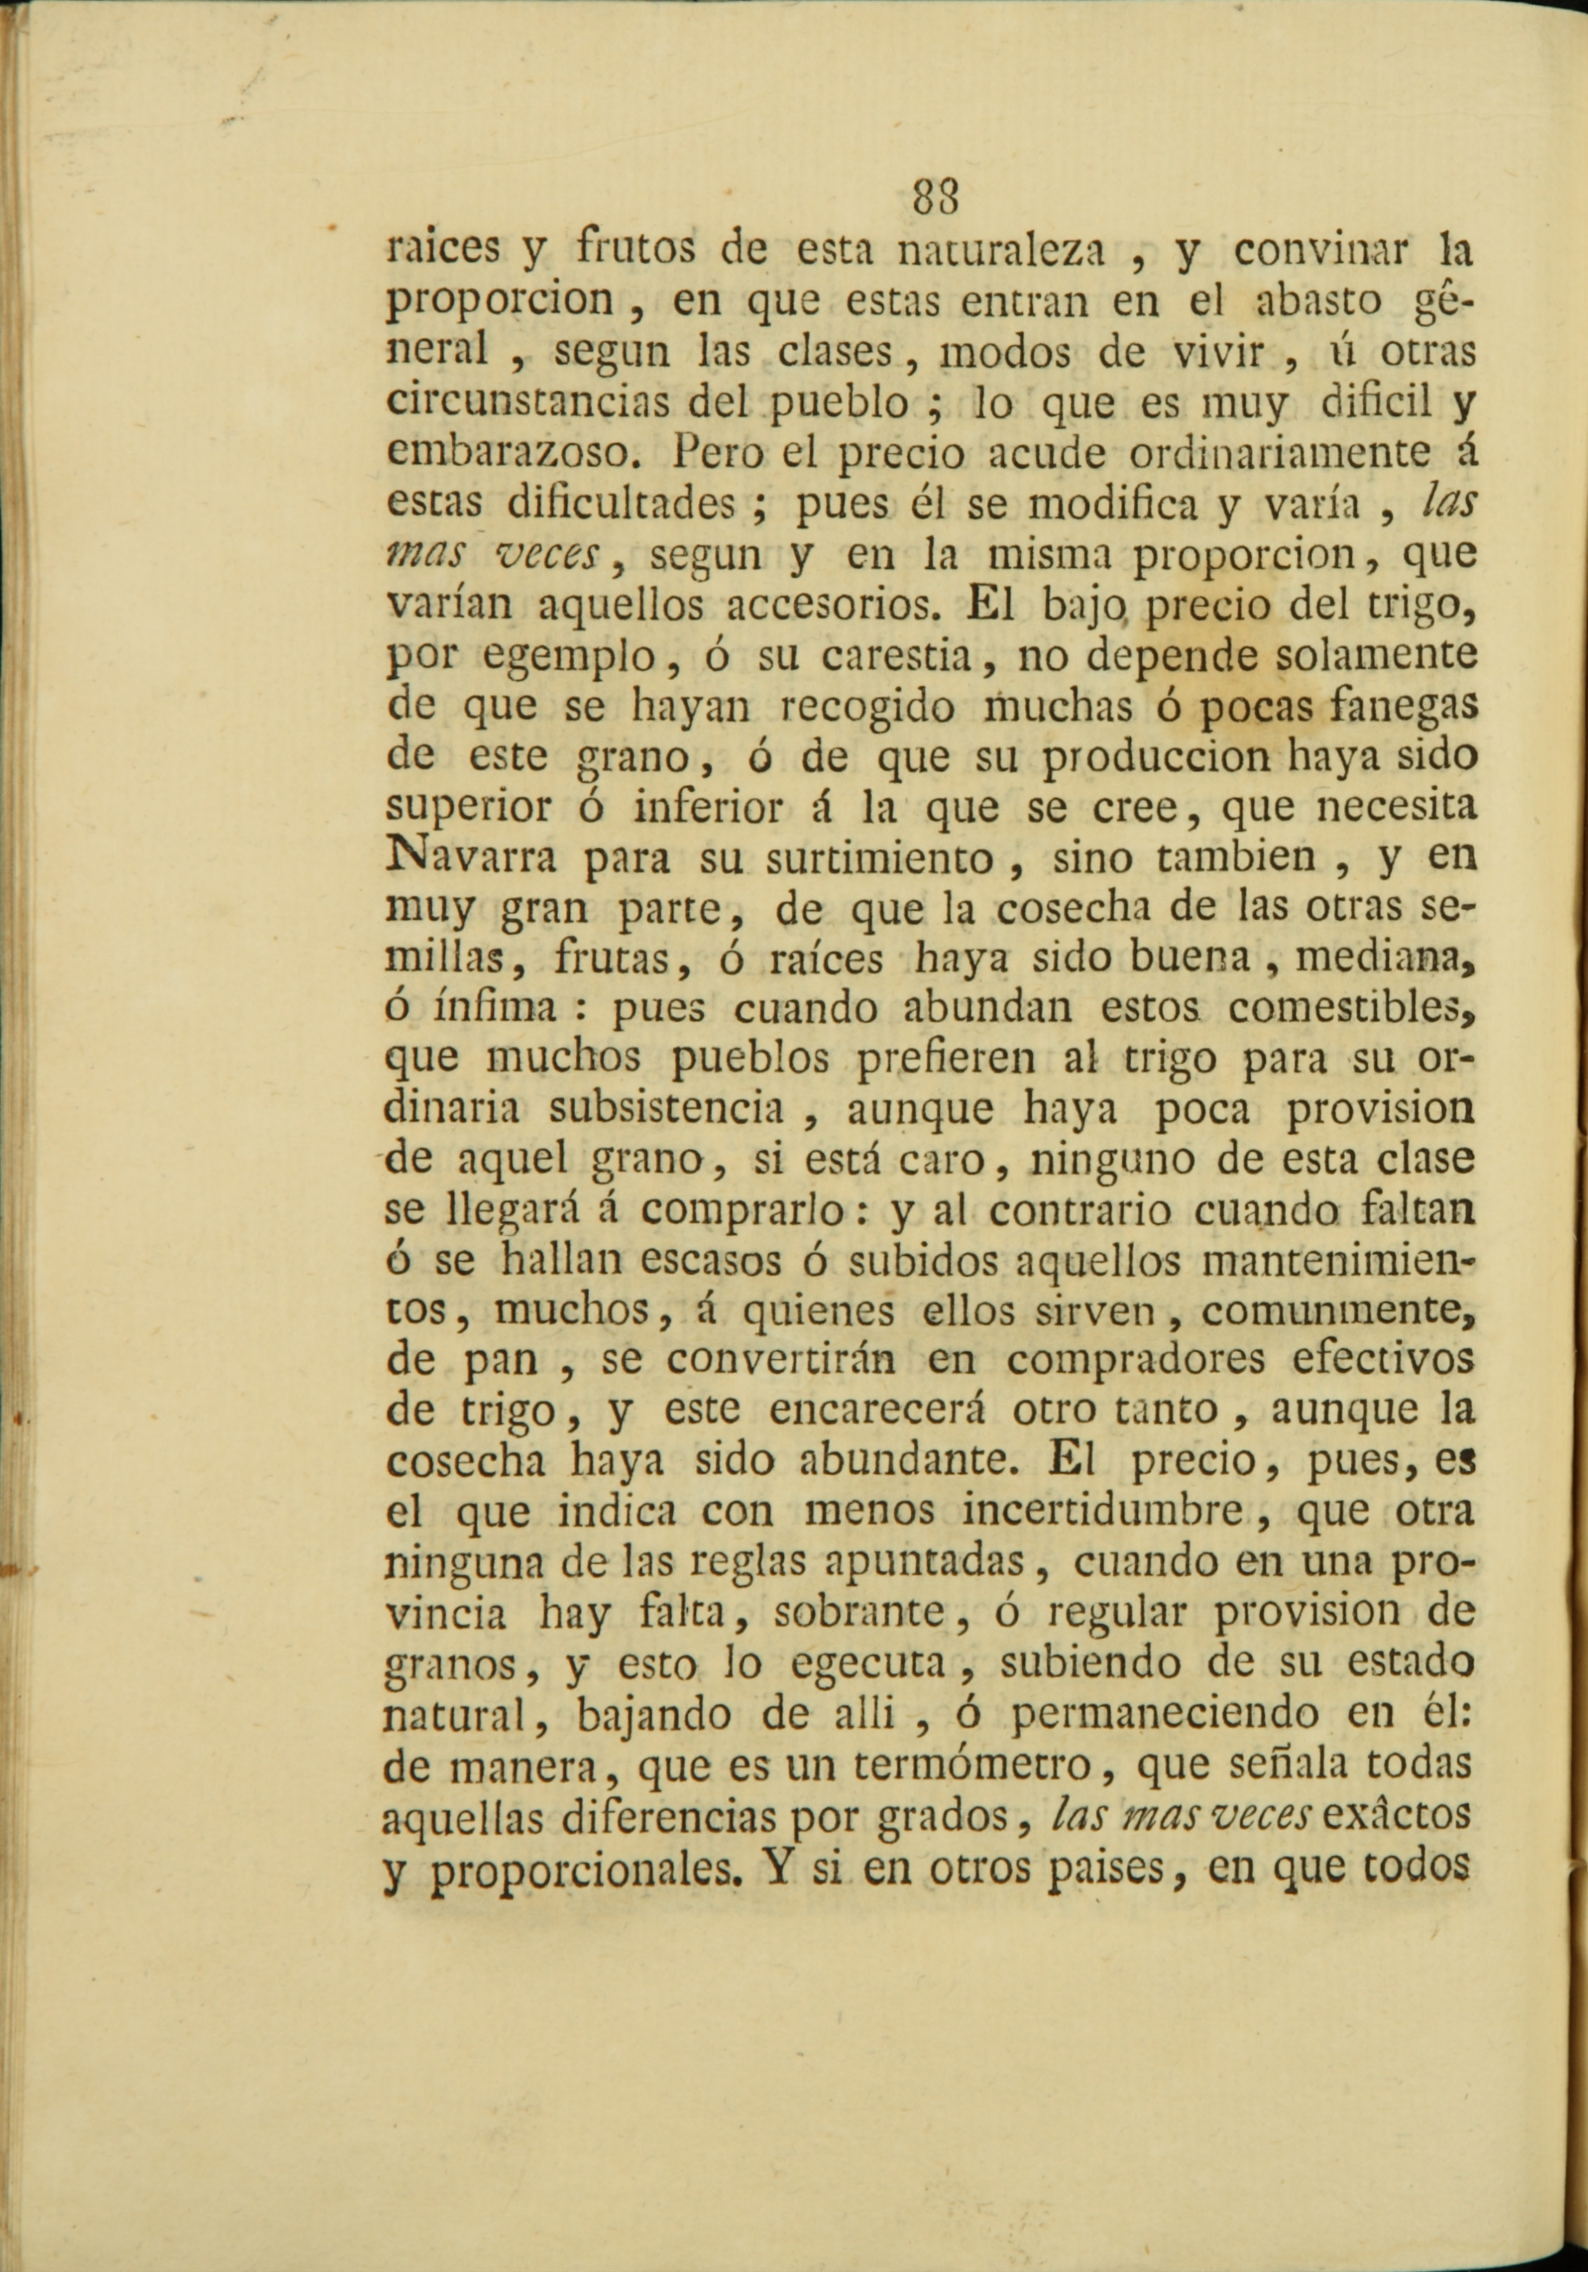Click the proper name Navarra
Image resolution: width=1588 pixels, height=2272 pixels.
tap(469, 857)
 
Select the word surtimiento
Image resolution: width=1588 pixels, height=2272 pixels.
tap(878, 857)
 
